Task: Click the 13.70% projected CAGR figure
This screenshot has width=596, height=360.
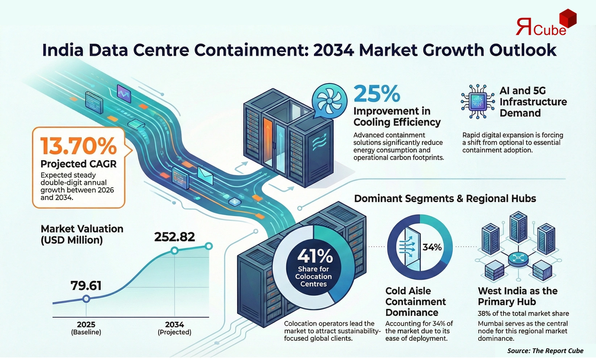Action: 78,146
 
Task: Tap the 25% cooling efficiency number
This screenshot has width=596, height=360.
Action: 377,94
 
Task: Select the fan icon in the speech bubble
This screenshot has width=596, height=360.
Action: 329,100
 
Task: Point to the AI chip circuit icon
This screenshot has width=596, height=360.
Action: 477,102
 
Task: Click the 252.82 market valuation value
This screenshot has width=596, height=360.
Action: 174,237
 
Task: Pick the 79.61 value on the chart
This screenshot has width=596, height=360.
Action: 86,286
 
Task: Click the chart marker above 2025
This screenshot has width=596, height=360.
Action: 86,299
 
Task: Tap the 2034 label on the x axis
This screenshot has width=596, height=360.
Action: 174,324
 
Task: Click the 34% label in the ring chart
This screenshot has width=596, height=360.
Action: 432,247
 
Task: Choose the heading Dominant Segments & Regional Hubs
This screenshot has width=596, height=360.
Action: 445,199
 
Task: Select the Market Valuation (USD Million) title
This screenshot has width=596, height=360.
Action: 82,234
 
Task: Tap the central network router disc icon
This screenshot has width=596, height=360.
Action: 516,259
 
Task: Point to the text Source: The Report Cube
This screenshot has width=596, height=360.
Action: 545,351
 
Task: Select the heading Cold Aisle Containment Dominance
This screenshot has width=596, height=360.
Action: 415,302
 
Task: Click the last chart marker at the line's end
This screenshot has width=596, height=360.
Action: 208,247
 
